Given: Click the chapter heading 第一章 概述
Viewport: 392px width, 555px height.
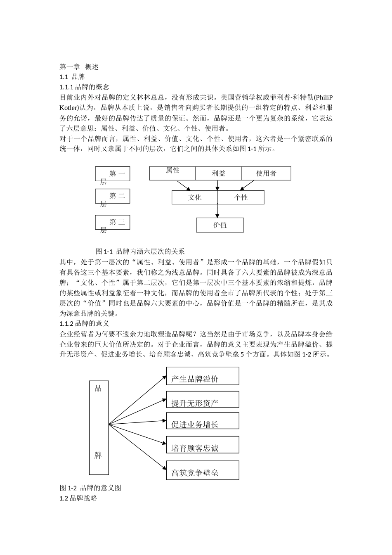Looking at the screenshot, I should (79, 66).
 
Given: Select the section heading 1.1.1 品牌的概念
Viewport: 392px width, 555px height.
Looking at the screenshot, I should (85, 87).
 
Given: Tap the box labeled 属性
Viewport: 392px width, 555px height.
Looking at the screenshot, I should (172, 173).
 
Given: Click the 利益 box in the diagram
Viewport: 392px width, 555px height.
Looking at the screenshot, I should (218, 173).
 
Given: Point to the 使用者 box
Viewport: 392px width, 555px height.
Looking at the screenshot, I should (266, 173).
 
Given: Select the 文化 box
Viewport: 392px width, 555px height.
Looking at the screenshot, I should (195, 197).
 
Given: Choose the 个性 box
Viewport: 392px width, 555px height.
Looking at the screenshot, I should (241, 197).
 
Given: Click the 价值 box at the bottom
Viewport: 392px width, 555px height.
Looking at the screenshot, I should (220, 225).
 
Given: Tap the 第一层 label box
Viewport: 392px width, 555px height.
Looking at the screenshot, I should (113, 174).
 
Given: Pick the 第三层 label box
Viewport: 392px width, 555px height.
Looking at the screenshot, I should (113, 223).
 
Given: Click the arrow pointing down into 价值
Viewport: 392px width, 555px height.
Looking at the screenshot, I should (217, 211).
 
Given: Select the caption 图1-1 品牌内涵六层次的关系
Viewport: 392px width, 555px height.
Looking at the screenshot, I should (140, 251).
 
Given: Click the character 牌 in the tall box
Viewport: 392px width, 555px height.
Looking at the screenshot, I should (98, 455).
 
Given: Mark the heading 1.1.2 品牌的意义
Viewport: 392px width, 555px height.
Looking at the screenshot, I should (85, 323).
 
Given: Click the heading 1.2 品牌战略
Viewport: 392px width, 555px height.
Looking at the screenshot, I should (78, 498).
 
